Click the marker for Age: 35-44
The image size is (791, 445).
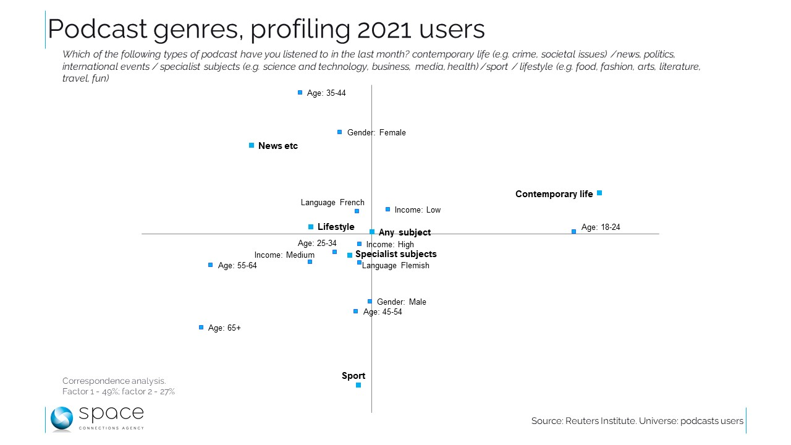[300, 93]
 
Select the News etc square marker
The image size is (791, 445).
[252, 145]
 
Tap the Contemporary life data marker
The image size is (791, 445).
[599, 193]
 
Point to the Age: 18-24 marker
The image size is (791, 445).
[574, 231]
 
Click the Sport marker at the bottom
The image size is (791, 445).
[358, 385]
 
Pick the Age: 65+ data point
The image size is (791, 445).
[201, 328]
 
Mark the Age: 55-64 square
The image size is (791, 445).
[211, 265]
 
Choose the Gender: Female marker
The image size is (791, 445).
[340, 132]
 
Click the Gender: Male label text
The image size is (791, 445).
[402, 302]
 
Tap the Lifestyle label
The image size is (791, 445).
[336, 227]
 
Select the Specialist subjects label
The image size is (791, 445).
[395, 254]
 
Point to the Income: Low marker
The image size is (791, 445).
[388, 210]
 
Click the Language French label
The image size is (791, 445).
[332, 203]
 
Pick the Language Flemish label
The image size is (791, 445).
[395, 266]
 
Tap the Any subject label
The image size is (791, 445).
[405, 233]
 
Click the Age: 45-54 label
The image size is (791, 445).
[383, 312]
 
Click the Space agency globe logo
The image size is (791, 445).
[62, 418]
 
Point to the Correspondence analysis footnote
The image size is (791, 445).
[114, 381]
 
